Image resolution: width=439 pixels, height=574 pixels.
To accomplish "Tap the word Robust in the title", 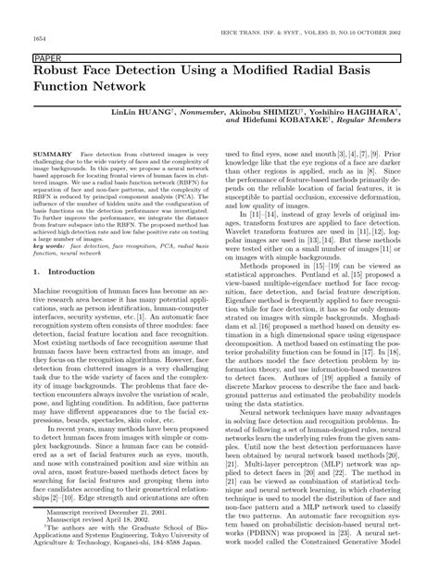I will point(62,70).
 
